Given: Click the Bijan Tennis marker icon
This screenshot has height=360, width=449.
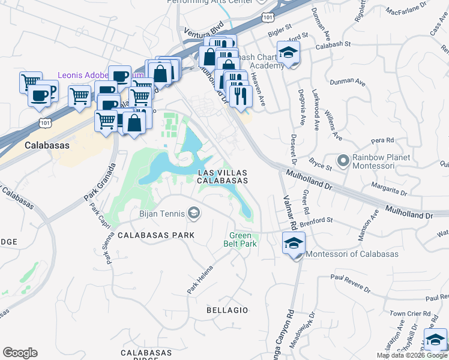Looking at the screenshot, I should pyautogui.click(x=194, y=213).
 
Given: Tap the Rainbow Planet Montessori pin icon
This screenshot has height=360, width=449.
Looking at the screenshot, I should pyautogui.click(x=343, y=161).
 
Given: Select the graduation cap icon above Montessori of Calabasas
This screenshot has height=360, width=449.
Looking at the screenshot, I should pyautogui.click(x=293, y=243).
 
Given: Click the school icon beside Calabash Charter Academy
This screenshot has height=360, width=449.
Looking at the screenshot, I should pyautogui.click(x=288, y=52).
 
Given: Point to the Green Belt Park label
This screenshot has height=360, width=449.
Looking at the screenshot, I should pyautogui.click(x=243, y=240).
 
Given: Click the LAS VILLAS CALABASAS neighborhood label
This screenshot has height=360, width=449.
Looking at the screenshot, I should pyautogui.click(x=223, y=176).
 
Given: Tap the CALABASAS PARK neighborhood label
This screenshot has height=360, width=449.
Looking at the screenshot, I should pyautogui.click(x=156, y=235).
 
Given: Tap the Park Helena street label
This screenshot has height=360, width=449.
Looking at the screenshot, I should pyautogui.click(x=200, y=279).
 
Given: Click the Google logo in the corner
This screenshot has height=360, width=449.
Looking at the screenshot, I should pyautogui.click(x=20, y=353).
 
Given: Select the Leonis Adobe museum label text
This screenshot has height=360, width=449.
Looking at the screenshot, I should pyautogui.click(x=82, y=76).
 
